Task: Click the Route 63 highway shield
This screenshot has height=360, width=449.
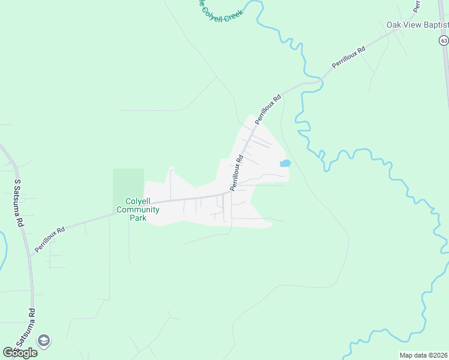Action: (443, 40)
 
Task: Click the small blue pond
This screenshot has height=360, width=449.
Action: (285, 163)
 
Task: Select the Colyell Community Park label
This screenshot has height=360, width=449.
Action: (137, 209)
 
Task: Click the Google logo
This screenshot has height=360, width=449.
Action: (20, 353)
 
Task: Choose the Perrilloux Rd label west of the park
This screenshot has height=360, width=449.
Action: (50, 239)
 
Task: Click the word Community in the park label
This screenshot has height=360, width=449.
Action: (137, 209)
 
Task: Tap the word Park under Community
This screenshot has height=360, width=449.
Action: (137, 218)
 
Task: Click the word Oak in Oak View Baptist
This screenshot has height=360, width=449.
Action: (393, 25)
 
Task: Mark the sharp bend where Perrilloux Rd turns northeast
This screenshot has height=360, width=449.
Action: (231, 192)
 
